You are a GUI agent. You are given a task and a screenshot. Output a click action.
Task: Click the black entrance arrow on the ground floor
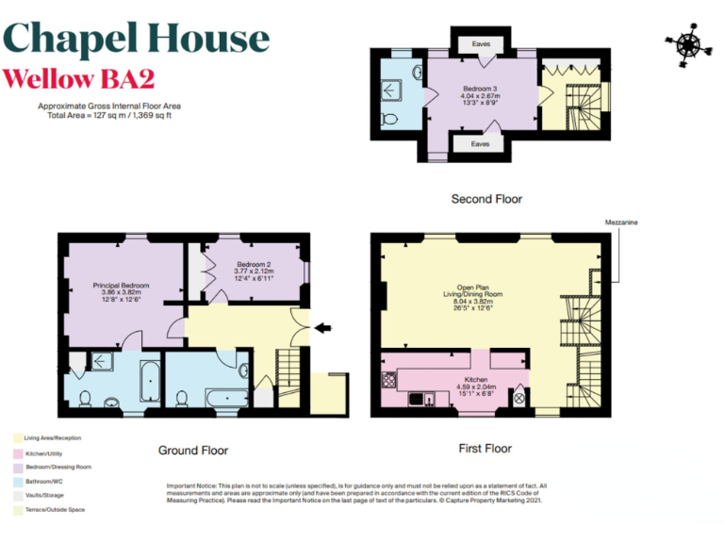322,328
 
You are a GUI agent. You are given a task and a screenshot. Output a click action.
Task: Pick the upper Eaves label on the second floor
480,43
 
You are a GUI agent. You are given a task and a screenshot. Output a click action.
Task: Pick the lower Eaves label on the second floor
480,144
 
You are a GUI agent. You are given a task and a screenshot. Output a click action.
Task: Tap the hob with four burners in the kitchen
390,383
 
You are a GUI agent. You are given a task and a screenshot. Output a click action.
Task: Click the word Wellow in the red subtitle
48,77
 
